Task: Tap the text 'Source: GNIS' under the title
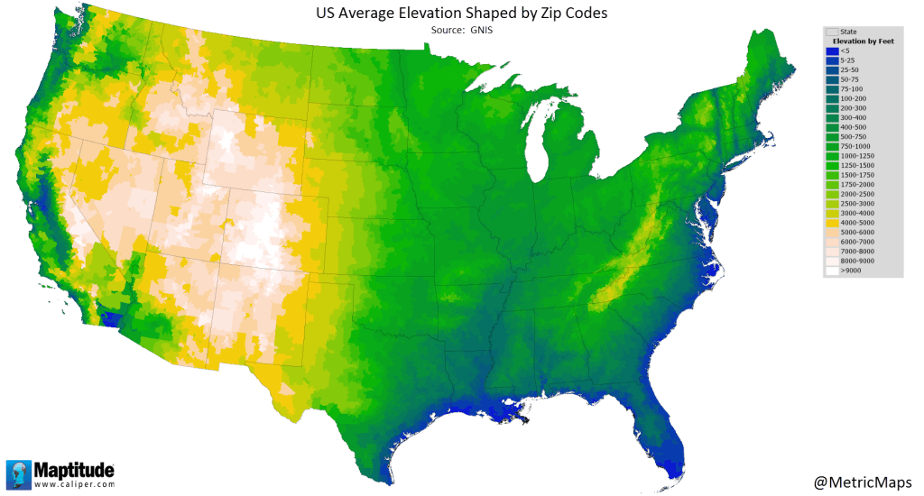coord(462,31)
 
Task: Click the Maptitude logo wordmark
coord(74,470)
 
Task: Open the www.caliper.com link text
coord(74,485)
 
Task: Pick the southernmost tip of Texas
coord(394,484)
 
